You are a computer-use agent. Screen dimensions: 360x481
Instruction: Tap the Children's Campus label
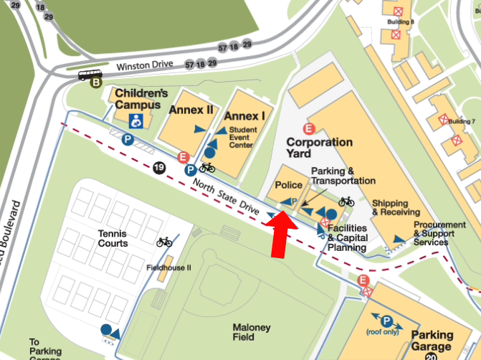tap(141, 99)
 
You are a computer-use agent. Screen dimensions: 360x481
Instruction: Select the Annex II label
tap(191, 110)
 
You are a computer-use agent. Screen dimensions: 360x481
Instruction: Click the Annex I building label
tap(244, 115)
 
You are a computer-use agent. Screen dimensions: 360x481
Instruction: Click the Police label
tap(289, 185)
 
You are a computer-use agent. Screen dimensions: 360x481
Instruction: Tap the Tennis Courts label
tap(113, 238)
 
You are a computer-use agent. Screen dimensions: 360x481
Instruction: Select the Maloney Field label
tap(252, 333)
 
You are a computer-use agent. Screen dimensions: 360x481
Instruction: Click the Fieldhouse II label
tap(168, 267)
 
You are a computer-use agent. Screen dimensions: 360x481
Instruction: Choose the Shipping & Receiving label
tap(396, 207)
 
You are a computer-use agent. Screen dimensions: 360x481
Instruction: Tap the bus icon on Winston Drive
tap(90, 74)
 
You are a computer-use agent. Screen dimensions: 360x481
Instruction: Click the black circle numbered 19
tap(158, 168)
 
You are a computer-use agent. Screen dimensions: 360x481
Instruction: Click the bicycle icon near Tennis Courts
tap(164, 242)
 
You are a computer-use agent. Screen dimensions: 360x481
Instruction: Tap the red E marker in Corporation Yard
tap(309, 129)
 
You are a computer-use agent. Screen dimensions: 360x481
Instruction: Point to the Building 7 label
tap(462, 121)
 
